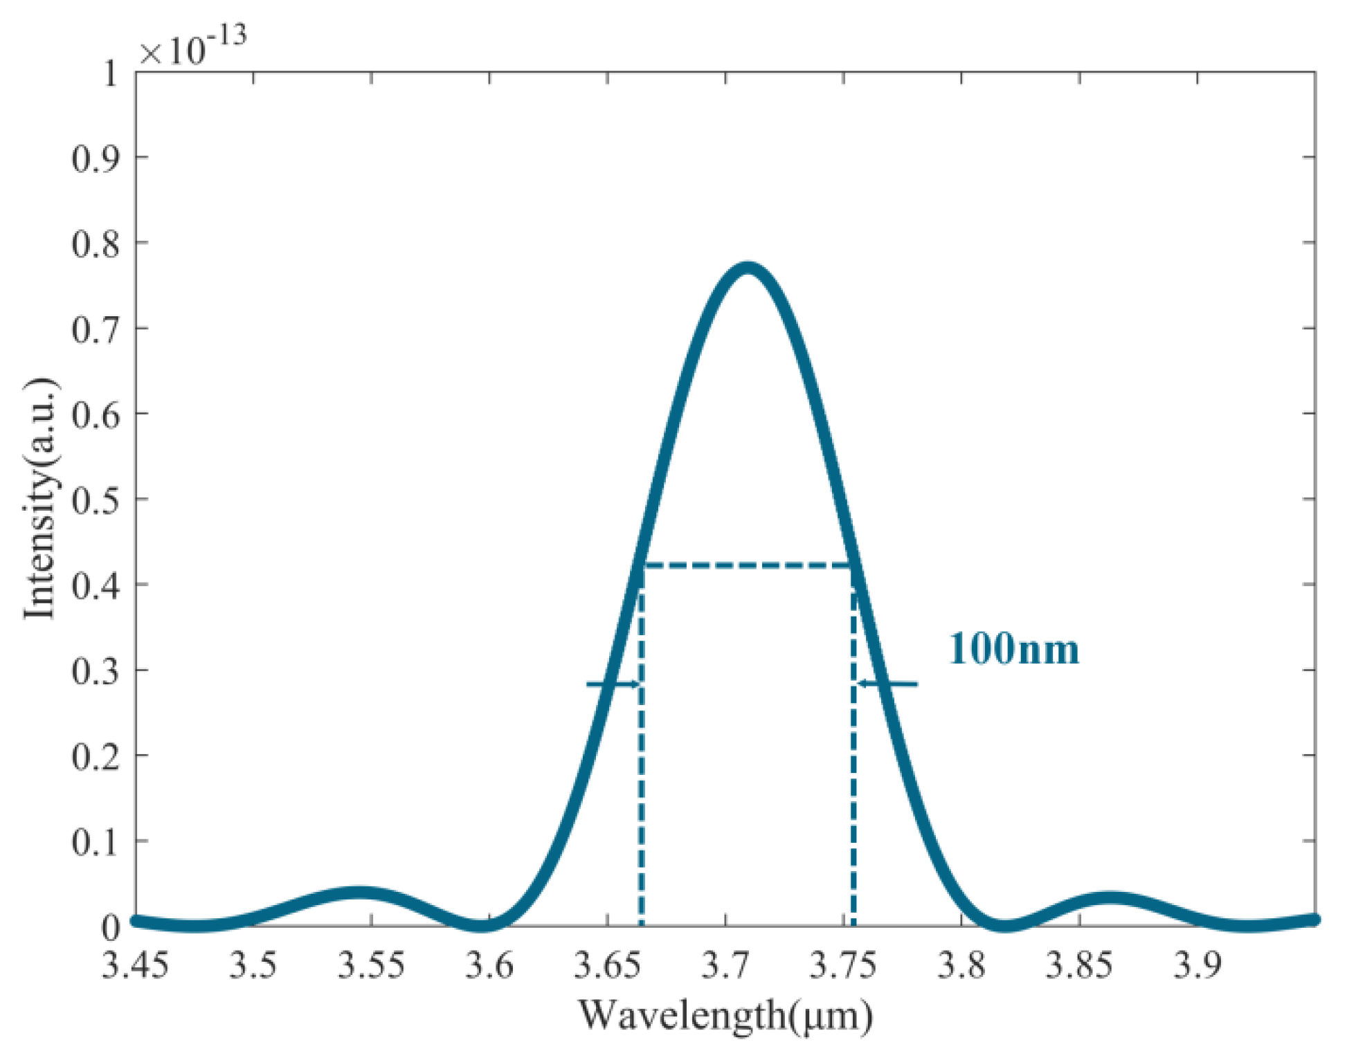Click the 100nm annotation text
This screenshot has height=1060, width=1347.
click(x=1013, y=649)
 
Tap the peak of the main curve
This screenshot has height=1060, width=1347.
click(x=748, y=268)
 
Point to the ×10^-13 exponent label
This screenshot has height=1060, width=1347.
click(x=192, y=47)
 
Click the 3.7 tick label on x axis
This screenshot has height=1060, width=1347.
click(x=725, y=965)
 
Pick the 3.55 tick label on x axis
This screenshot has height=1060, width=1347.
click(x=371, y=965)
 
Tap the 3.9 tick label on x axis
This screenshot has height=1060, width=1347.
click(x=1197, y=965)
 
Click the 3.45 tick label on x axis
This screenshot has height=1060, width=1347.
click(x=136, y=965)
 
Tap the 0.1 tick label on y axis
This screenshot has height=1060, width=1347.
click(x=96, y=841)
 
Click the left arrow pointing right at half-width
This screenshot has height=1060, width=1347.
click(x=613, y=684)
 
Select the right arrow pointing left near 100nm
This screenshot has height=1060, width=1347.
click(x=887, y=684)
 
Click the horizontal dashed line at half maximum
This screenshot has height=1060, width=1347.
click(x=748, y=566)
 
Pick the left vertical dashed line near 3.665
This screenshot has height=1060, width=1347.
click(x=642, y=761)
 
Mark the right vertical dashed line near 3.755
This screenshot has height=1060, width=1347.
click(x=853, y=761)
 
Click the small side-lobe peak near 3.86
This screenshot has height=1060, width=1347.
click(x=1110, y=899)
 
